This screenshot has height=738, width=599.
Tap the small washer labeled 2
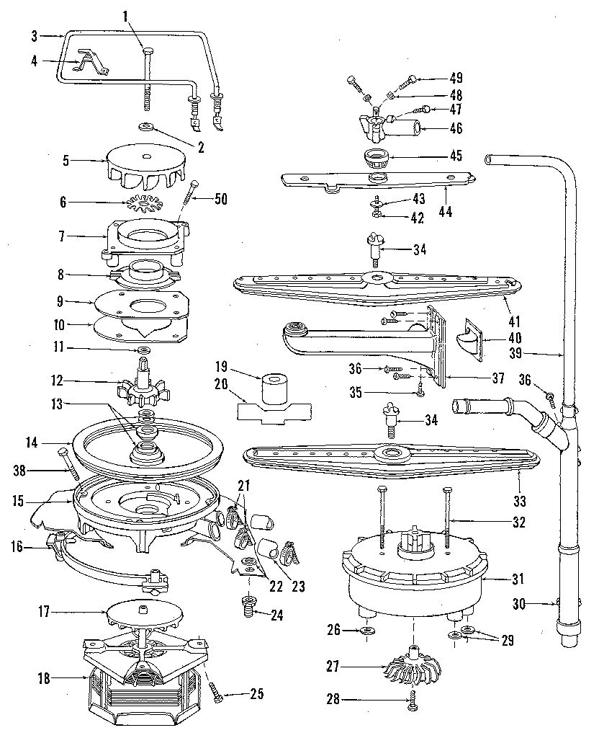[x=145, y=127]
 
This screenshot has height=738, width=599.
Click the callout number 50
[x=221, y=200]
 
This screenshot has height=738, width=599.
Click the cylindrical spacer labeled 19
[x=273, y=390]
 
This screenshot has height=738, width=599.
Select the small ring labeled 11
[x=144, y=350]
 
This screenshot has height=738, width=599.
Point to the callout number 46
[x=456, y=129]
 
